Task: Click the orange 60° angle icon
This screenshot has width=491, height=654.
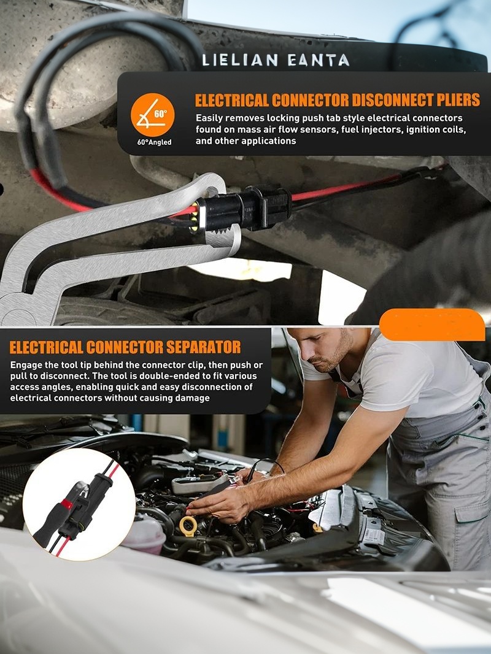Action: (152, 115)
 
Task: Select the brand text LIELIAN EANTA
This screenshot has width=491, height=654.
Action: (276, 61)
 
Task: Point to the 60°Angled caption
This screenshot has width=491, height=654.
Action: (154, 142)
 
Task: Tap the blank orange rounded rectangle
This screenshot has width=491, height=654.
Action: (431, 325)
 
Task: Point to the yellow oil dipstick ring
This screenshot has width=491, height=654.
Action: (188, 526)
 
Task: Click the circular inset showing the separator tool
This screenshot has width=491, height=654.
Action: (79, 505)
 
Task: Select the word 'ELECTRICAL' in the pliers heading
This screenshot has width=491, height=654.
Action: (232, 101)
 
